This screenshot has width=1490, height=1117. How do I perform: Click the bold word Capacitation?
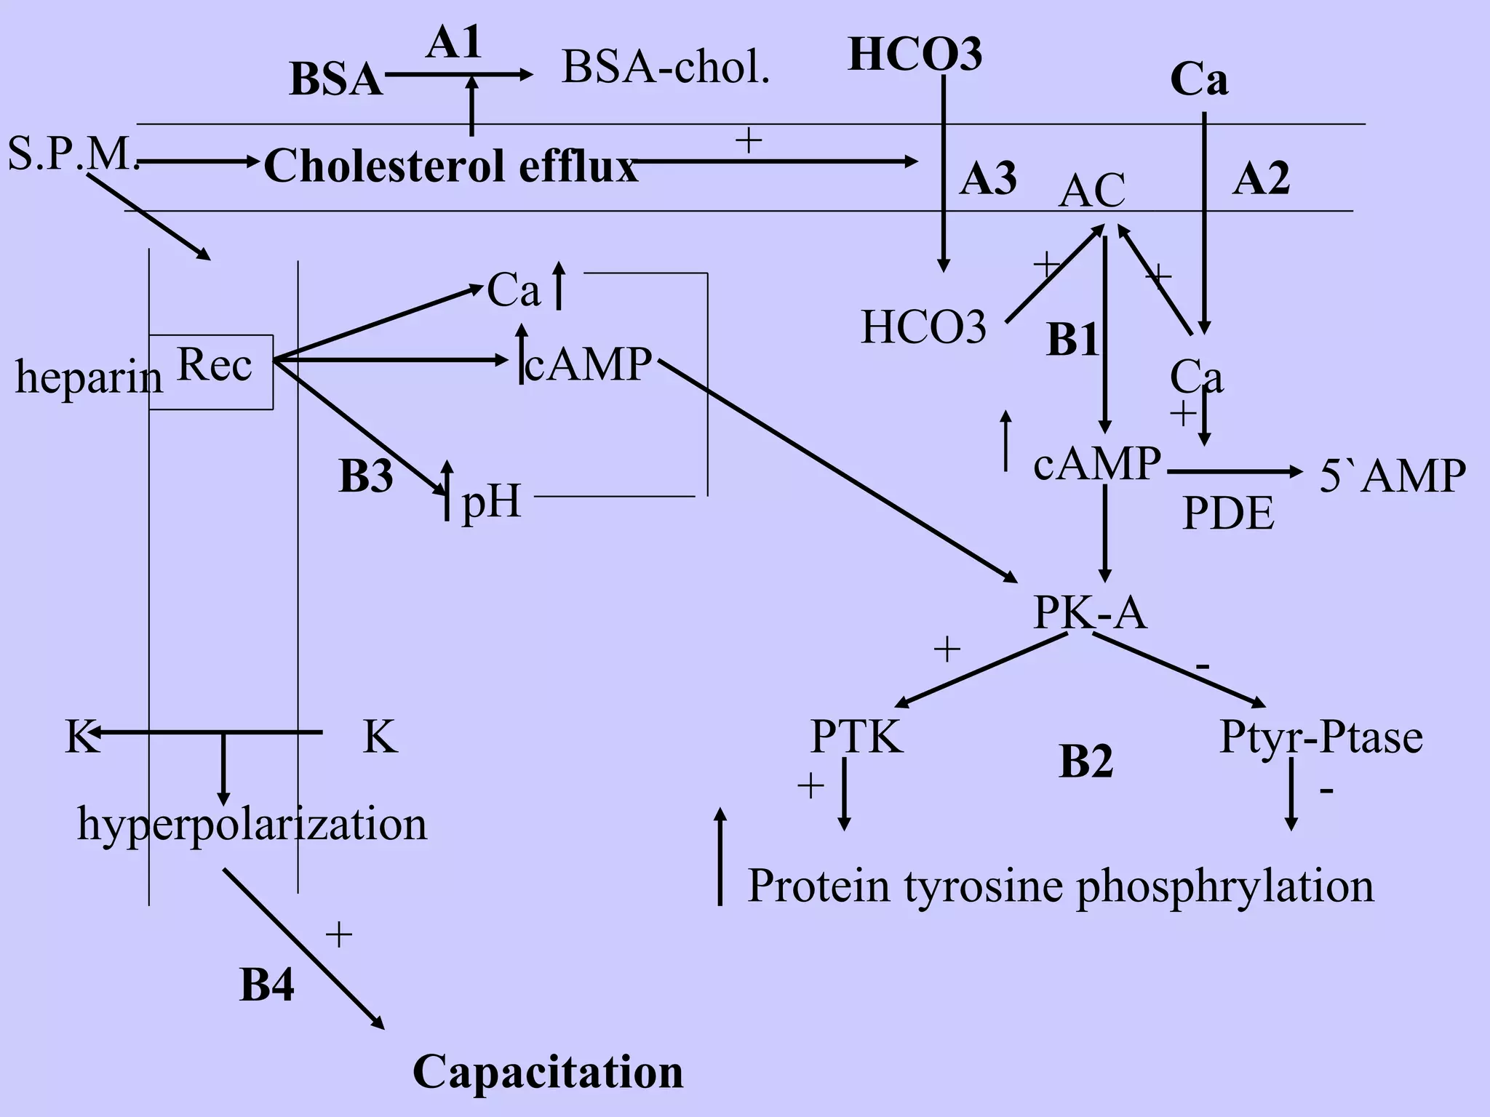point(548,1071)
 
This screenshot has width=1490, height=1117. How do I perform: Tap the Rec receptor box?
point(212,371)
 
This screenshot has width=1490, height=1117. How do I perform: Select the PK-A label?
point(1089,612)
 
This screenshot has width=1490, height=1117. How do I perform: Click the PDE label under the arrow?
point(1228,513)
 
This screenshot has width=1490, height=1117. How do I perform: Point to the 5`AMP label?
point(1392,476)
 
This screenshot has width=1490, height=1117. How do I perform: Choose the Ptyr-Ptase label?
point(1320,737)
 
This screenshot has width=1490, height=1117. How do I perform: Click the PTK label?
point(856,737)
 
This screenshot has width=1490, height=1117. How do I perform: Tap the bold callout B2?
point(1085,761)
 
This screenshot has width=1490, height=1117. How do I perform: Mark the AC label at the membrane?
point(1091,191)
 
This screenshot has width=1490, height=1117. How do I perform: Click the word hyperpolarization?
point(252,825)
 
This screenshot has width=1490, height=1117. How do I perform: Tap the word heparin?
point(89,377)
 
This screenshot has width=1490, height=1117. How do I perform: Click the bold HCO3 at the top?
point(915,55)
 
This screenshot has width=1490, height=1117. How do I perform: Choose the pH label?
point(492,500)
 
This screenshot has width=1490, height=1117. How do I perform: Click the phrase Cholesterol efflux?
point(450,166)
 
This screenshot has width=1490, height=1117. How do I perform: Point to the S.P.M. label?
point(73,154)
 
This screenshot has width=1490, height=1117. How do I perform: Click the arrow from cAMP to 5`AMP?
point(1234,472)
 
